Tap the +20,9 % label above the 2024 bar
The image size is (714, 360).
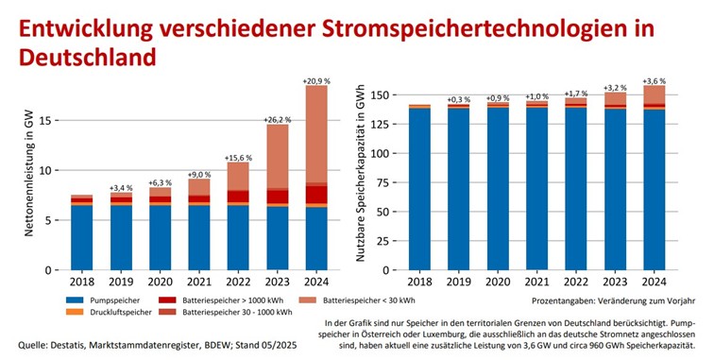point(315,82)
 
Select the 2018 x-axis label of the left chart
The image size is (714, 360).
point(81,282)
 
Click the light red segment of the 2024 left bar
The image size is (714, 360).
point(315,133)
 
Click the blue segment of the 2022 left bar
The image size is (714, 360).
point(237,237)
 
